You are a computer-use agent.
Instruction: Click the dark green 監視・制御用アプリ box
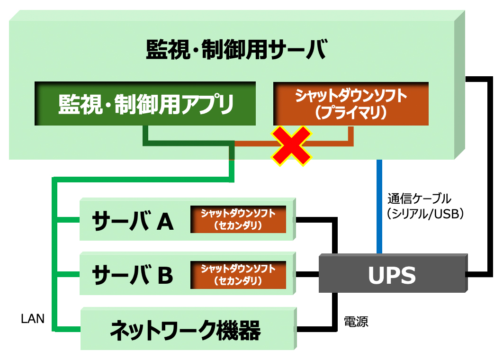pos(145,104)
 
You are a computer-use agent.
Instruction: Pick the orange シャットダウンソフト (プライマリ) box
pos(351,104)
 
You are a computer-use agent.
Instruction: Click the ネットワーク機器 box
pos(186,330)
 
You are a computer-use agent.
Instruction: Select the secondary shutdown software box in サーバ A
pos(238,219)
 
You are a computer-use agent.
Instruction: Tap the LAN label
pos(33,319)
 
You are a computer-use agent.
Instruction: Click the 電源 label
pos(356,322)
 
